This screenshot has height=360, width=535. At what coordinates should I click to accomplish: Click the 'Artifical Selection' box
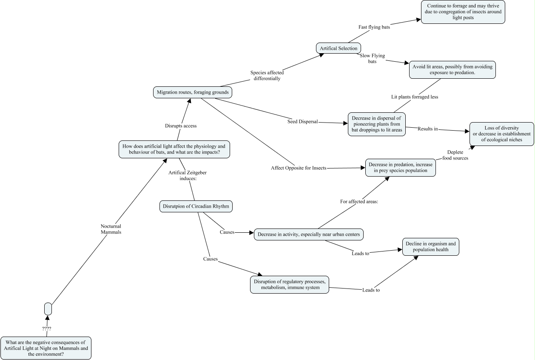[339, 48]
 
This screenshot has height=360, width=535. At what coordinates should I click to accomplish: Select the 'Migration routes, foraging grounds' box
[193, 92]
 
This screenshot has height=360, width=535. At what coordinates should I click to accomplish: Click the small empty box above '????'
[48, 309]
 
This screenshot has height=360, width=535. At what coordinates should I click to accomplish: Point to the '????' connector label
[46, 329]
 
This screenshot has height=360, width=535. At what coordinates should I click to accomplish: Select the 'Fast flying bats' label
[374, 27]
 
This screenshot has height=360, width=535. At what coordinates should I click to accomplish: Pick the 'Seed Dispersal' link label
[302, 122]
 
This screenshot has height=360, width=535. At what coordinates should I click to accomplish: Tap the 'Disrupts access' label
[180, 126]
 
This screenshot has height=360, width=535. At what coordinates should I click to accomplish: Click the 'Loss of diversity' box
[501, 134]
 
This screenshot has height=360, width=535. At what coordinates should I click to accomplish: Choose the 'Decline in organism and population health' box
[431, 247]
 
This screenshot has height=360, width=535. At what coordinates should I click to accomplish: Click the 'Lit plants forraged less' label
[414, 97]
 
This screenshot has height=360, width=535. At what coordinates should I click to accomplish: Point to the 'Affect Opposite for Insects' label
[299, 168]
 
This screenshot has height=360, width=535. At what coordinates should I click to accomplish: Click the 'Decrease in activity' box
[309, 234]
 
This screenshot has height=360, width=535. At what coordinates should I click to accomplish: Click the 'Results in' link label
[427, 129]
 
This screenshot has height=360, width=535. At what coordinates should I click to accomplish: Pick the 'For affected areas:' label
[359, 201]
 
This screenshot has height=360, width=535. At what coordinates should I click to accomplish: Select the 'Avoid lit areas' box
[452, 70]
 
